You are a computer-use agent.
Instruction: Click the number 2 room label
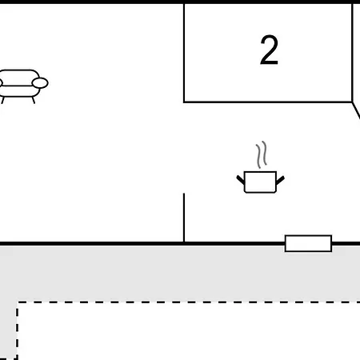[x=269, y=50]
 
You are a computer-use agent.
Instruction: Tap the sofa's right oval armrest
[x=40, y=83]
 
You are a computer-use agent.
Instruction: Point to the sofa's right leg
[x=34, y=100]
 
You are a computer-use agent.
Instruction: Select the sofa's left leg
[x=2, y=100]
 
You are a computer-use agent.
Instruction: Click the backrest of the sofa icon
[x=18, y=71]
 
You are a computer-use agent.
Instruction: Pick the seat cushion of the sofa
[x=18, y=91]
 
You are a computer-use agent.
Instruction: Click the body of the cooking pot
[x=260, y=182]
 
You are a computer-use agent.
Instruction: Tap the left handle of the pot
[x=241, y=180]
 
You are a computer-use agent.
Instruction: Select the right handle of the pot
[x=280, y=180]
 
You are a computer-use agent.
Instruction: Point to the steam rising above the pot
[x=262, y=154]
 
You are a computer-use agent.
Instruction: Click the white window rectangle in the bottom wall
[x=308, y=243]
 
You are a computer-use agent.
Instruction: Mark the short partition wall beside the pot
[x=184, y=218]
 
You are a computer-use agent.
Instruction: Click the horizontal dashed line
[x=189, y=302]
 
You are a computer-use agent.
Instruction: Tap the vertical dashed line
[x=17, y=330]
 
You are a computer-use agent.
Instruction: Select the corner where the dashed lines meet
[x=18, y=302]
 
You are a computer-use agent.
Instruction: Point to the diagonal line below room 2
[x=356, y=110]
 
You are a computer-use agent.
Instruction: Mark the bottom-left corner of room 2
[x=184, y=102]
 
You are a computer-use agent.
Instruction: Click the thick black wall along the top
[x=180, y=2]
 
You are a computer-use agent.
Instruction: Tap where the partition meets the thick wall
[x=184, y=242]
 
